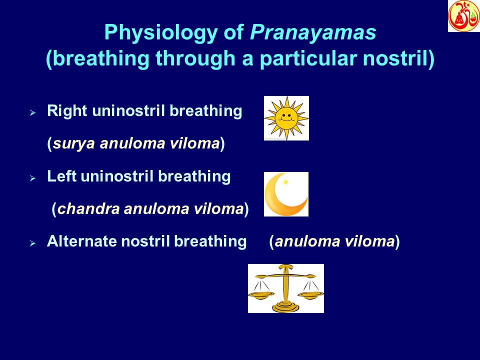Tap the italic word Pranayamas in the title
pyautogui.click(x=313, y=33)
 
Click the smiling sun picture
pyautogui.click(x=286, y=118)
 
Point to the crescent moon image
pyautogui.click(x=285, y=194)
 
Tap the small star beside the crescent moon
pyautogui.click(x=285, y=182)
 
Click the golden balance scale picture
pyautogui.click(x=285, y=288)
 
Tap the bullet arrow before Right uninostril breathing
pyautogui.click(x=32, y=113)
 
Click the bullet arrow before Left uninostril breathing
pyautogui.click(x=32, y=178)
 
